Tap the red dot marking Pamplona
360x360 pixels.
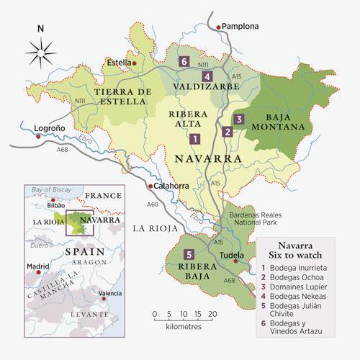click(x=218, y=27)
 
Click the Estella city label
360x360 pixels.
click(x=119, y=63)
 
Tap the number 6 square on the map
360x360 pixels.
click(x=185, y=61)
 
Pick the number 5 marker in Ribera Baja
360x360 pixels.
click(x=189, y=254)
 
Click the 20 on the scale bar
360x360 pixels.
click(x=212, y=315)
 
